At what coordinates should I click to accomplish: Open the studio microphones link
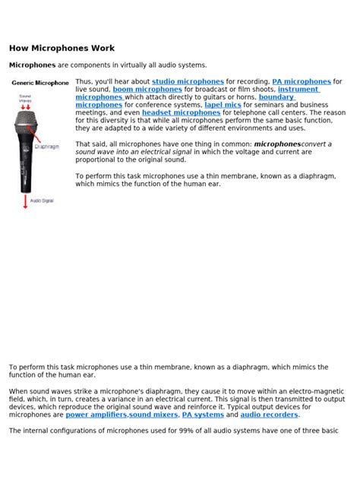pyautogui.click(x=188, y=81)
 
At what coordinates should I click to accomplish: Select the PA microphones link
pyautogui.click(x=301, y=81)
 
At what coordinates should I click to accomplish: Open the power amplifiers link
pyautogui.click(x=96, y=415)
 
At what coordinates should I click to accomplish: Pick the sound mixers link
pyautogui.click(x=153, y=415)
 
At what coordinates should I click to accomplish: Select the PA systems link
pyautogui.click(x=203, y=415)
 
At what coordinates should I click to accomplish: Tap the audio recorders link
pyautogui.click(x=270, y=415)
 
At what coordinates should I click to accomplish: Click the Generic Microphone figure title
pyautogui.click(x=39, y=83)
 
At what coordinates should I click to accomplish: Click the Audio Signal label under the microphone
pyautogui.click(x=41, y=201)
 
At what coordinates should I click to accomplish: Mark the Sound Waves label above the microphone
pyautogui.click(x=24, y=98)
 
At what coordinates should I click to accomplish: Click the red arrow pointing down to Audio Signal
pyautogui.click(x=25, y=201)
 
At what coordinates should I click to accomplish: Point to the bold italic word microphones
pyautogui.click(x=277, y=144)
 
